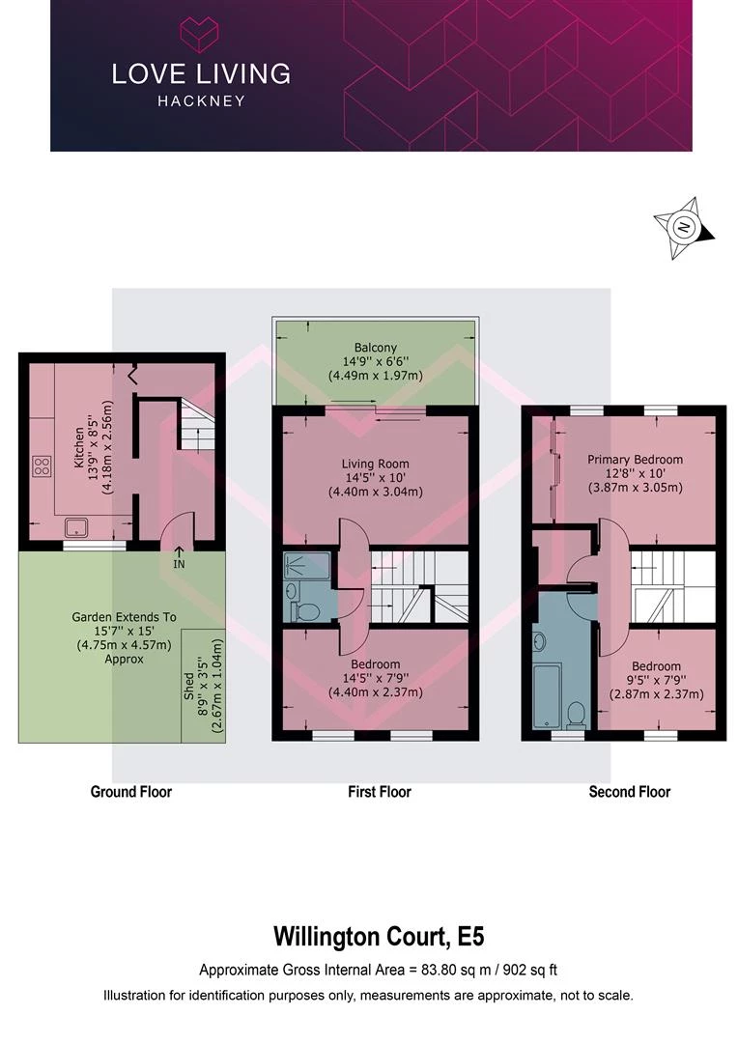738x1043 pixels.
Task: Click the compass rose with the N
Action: pos(684,228)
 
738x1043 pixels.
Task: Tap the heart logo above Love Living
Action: pos(200,36)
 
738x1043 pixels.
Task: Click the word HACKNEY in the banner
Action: pos(201,101)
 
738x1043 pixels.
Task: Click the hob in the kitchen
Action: pos(42,465)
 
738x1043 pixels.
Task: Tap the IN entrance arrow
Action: pos(179,557)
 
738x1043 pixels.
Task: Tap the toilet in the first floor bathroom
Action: pos(308,610)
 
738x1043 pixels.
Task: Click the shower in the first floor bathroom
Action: pos(307,565)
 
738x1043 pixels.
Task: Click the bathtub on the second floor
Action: pos(549,695)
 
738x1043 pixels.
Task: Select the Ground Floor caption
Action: pos(131,792)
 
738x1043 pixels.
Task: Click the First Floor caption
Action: pos(380,792)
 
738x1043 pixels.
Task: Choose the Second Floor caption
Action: pos(630,792)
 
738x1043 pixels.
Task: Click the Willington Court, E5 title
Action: pos(379,936)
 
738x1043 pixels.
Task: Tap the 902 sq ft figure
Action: pos(529,970)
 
